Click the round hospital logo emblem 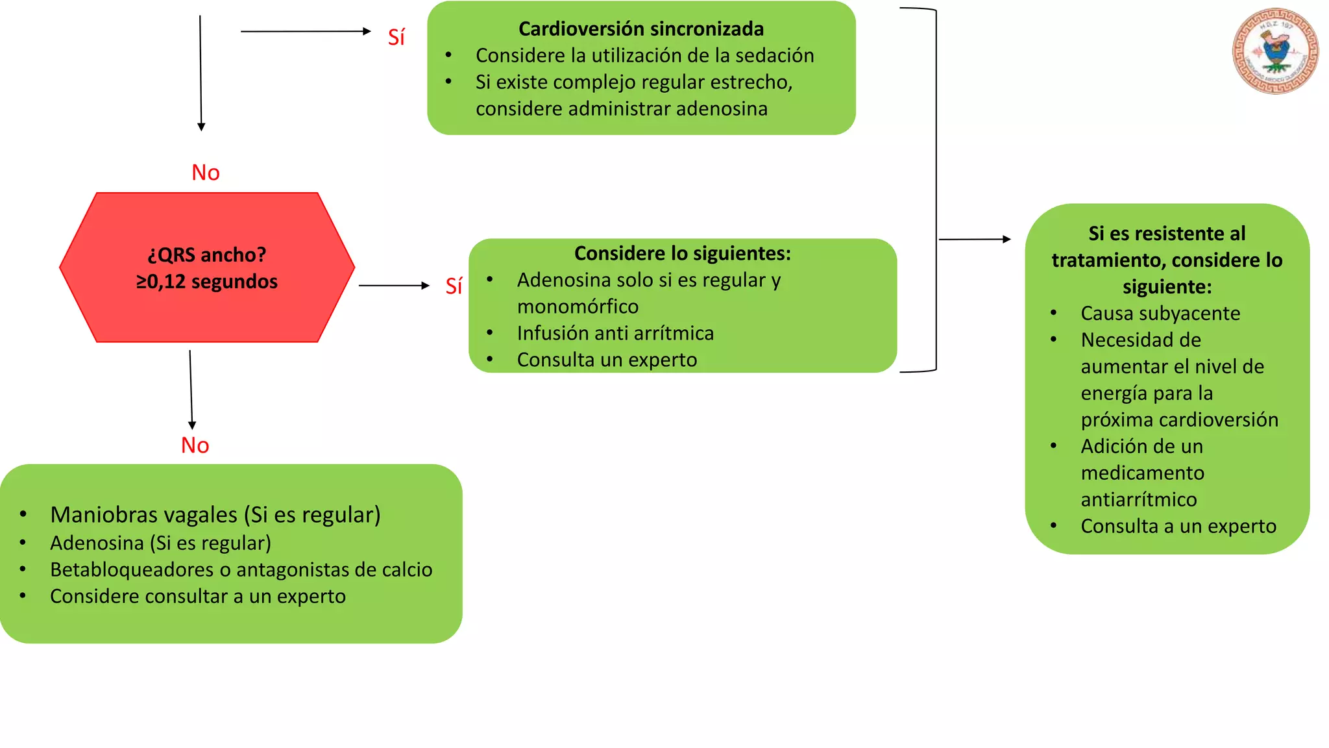(x=1275, y=51)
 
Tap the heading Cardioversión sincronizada (x=640, y=29)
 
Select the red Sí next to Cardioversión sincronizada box (x=396, y=37)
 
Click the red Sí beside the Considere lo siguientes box (x=454, y=286)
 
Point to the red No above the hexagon (x=206, y=173)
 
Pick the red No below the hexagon (x=195, y=445)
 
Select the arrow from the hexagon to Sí (x=393, y=286)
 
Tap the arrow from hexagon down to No (x=191, y=390)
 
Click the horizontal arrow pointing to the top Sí (x=305, y=31)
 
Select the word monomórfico (x=578, y=306)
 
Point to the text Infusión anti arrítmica (x=615, y=333)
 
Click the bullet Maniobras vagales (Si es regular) (x=215, y=515)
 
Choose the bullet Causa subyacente (x=1160, y=314)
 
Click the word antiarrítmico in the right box (x=1138, y=499)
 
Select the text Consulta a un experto (x=1178, y=526)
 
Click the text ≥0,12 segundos (x=207, y=282)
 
